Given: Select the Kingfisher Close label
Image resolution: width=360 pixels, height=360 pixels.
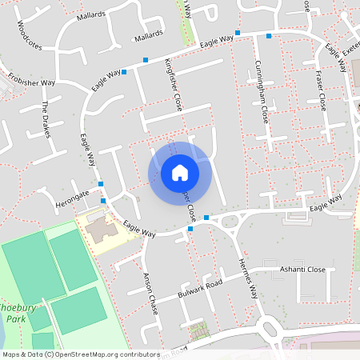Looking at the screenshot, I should pyautogui.click(x=174, y=83).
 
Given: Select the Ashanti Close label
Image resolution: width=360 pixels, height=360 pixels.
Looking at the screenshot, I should pyautogui.click(x=302, y=270).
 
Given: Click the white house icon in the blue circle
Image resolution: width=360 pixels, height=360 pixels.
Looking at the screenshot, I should pyautogui.click(x=180, y=172).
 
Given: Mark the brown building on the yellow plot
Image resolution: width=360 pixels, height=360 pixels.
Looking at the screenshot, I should pyautogui.click(x=101, y=232).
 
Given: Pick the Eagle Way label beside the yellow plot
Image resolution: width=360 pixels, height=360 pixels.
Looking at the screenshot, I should pyautogui.click(x=138, y=231).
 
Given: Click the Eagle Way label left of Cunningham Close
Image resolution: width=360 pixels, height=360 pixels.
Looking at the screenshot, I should pyautogui.click(x=218, y=39).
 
